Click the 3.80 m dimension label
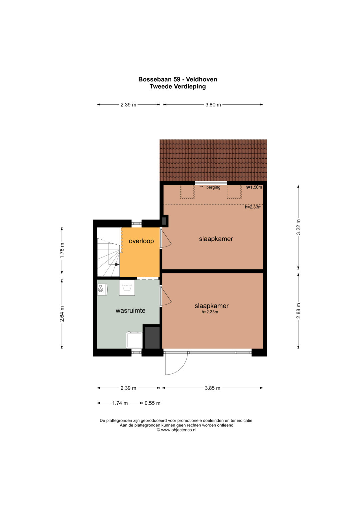(x=213, y=105)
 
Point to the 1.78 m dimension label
(x=62, y=250)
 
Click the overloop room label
(x=141, y=241)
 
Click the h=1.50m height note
(x=254, y=187)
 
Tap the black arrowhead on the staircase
(x=117, y=264)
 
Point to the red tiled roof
(x=213, y=160)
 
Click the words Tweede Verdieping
(x=178, y=86)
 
